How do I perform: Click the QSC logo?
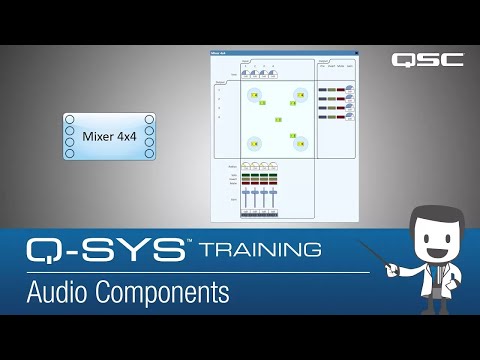click(427, 59)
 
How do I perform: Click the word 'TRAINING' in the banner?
click(261, 248)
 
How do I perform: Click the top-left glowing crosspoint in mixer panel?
click(255, 96)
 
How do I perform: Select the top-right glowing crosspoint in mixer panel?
click(298, 96)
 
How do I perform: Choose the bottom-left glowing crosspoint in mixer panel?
click(255, 143)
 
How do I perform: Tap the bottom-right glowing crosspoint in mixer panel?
click(298, 143)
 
